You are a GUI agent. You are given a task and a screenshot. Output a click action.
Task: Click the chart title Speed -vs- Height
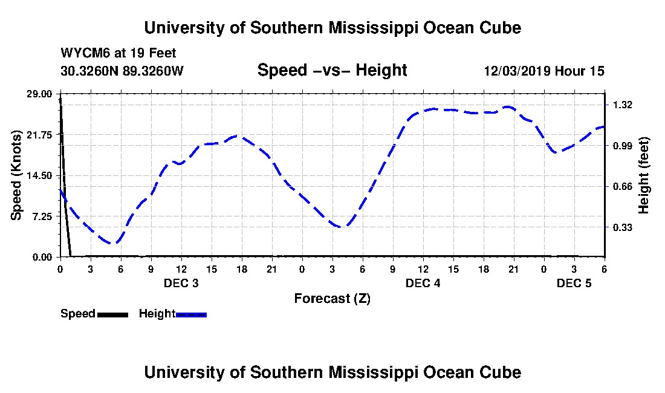click(x=332, y=71)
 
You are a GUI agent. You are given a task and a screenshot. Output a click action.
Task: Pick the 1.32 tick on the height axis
click(x=623, y=105)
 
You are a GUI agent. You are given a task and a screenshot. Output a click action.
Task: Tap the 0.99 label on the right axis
click(x=623, y=146)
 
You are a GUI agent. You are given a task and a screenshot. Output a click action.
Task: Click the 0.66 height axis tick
click(x=623, y=186)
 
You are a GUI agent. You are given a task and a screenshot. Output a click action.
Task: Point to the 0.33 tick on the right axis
click(x=623, y=227)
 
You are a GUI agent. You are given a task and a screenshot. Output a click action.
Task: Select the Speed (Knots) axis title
click(x=17, y=175)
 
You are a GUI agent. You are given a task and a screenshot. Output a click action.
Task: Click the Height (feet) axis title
click(x=644, y=175)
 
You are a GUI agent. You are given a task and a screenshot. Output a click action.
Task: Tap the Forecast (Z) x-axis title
click(x=332, y=299)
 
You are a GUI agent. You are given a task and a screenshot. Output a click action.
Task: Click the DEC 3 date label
click(x=181, y=283)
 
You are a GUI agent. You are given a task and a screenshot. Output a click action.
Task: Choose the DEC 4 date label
click(x=423, y=283)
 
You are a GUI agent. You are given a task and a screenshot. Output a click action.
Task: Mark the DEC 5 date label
click(x=574, y=283)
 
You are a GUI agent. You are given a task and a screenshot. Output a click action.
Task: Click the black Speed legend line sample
click(x=112, y=314)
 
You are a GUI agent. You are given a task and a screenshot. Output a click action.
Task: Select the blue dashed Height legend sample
click(x=191, y=314)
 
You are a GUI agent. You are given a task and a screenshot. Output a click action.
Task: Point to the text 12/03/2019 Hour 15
click(x=544, y=71)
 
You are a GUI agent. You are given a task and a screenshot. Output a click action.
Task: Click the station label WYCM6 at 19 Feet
click(x=118, y=54)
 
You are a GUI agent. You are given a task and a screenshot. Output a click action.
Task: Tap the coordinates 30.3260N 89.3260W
click(x=122, y=71)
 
